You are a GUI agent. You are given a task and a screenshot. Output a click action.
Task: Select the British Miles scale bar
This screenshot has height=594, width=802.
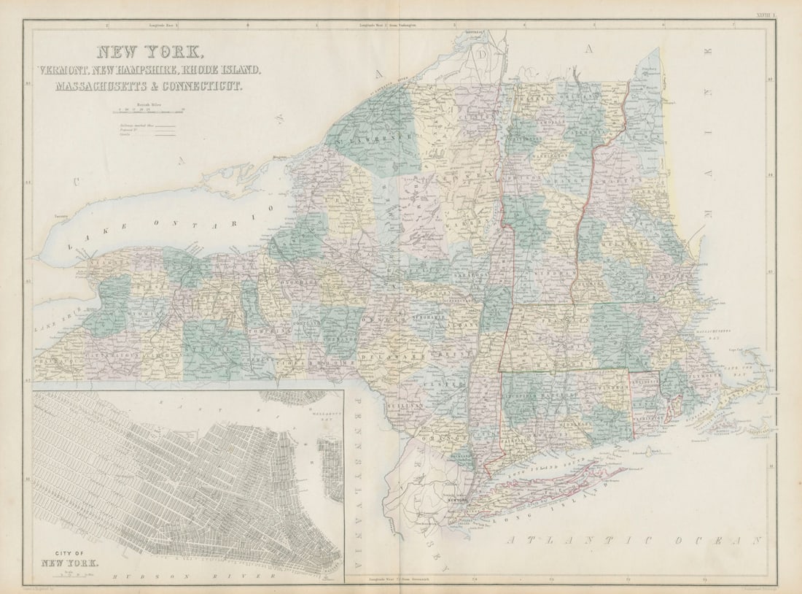coord(149,112)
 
